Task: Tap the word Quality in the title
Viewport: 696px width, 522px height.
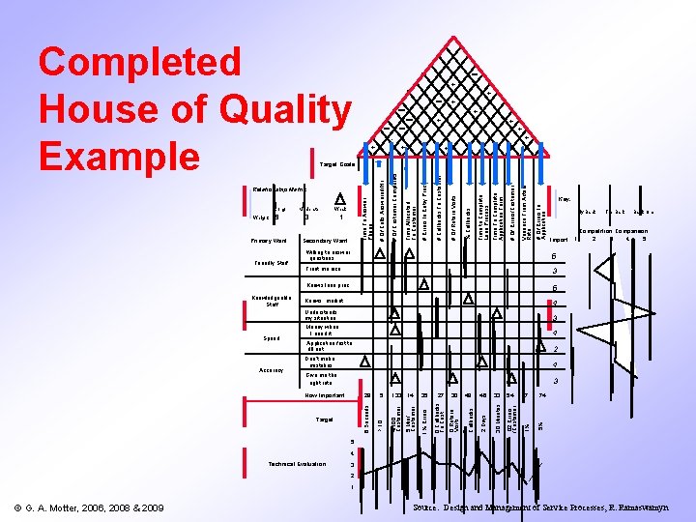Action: coord(280,111)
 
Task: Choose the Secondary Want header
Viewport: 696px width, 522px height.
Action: coord(325,240)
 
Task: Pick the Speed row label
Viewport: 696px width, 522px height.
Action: coord(272,338)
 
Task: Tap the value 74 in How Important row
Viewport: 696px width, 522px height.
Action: coord(542,395)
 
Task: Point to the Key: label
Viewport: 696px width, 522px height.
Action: coord(564,199)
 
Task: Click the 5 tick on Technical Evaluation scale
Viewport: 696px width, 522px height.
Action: coord(353,442)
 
